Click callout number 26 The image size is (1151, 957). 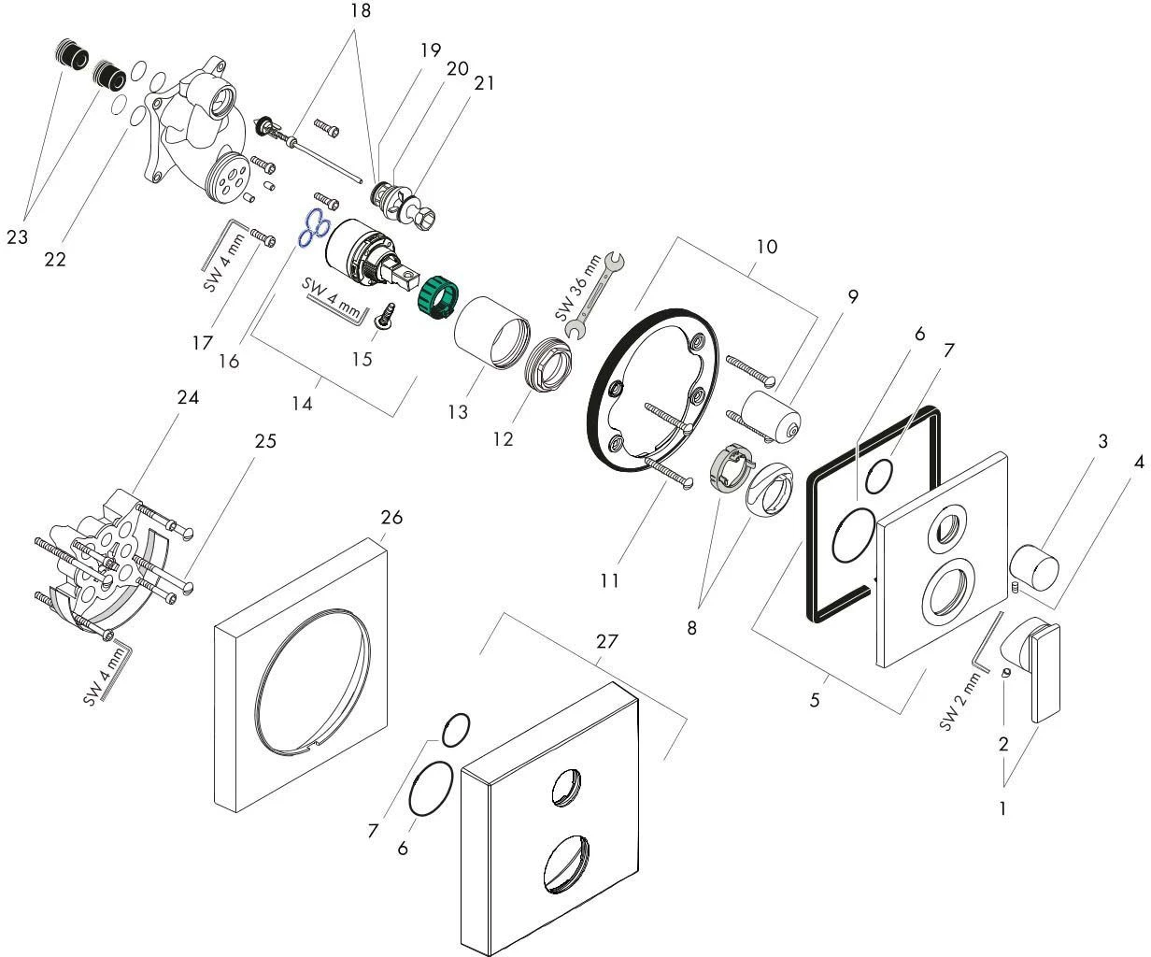click(392, 517)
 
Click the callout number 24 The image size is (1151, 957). click(189, 397)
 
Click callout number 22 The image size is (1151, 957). click(55, 260)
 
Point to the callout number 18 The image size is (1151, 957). click(361, 11)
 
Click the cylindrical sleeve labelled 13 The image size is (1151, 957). click(490, 331)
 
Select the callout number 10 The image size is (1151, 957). click(766, 247)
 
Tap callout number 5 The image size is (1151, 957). click(815, 698)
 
